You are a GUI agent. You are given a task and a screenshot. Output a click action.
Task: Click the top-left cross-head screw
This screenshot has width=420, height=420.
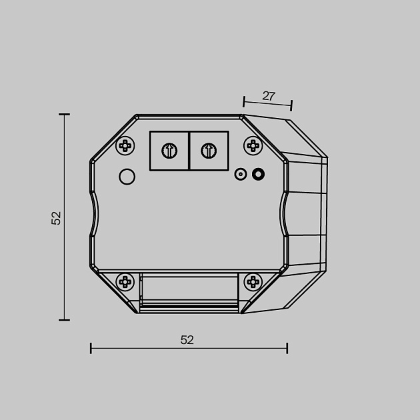(x=125, y=145)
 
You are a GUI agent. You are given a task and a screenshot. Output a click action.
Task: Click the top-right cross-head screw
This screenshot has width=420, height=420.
(x=253, y=145)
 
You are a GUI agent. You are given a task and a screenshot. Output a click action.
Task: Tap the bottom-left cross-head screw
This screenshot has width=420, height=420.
(x=125, y=282)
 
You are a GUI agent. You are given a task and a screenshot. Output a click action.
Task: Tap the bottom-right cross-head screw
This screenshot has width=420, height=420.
(x=253, y=282)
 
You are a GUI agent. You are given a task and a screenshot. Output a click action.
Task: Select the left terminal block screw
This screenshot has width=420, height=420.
(x=169, y=151)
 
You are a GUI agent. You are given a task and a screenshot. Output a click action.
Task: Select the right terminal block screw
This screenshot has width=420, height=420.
(x=209, y=151)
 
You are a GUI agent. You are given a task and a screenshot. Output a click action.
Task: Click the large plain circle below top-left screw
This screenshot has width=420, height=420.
(x=127, y=177)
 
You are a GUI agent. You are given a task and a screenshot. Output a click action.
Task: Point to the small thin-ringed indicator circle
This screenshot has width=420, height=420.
(x=241, y=175)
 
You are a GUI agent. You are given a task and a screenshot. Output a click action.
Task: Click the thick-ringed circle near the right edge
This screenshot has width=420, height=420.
(x=259, y=175)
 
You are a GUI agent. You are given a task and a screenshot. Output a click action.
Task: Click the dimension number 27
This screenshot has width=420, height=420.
(x=268, y=96)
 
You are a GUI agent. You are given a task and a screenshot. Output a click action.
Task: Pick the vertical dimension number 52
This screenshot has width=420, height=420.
(x=57, y=218)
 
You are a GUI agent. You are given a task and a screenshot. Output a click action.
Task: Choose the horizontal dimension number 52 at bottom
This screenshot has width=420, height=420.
(x=187, y=340)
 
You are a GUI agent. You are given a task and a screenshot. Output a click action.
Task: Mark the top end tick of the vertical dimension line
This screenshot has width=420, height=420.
(x=65, y=115)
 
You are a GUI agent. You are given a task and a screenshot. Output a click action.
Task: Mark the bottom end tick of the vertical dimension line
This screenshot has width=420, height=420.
(x=65, y=320)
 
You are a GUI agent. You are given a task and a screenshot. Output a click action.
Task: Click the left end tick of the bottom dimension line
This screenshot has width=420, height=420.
(x=91, y=348)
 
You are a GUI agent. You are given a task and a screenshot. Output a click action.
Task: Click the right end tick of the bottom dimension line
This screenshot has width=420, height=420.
(x=287, y=348)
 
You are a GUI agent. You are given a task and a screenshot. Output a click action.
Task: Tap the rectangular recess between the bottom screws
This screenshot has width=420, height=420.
(x=189, y=288)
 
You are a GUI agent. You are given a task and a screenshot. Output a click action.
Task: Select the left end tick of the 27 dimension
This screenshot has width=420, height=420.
(x=244, y=101)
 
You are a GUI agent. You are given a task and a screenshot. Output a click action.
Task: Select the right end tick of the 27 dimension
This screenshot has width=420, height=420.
(x=291, y=105)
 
